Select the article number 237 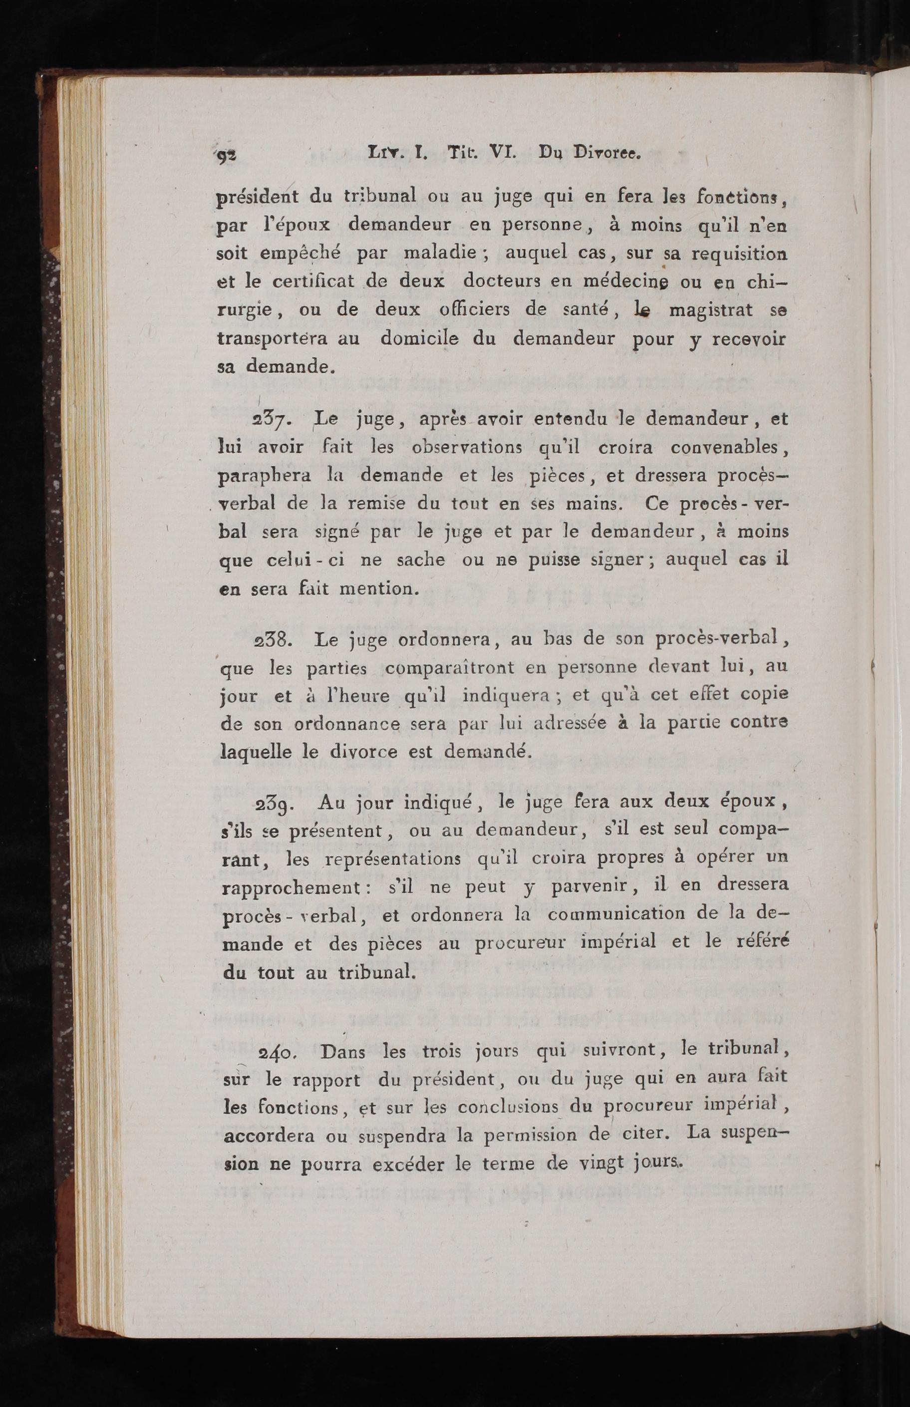[271, 421]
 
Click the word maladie [440, 254]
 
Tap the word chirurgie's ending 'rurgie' [245, 310]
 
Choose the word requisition [739, 254]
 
